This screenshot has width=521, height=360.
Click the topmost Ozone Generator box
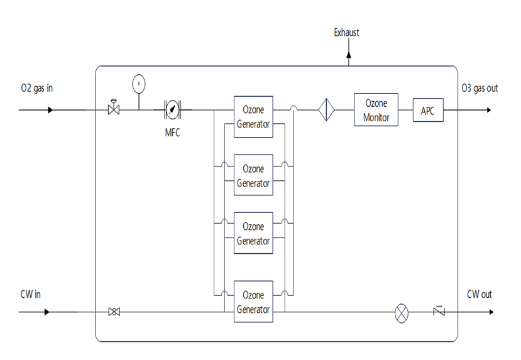tap(253, 116)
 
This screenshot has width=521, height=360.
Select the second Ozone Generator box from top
tap(253, 175)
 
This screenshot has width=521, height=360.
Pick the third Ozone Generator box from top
tap(253, 233)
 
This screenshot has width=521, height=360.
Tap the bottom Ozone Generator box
tap(253, 302)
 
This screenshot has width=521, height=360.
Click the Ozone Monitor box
tap(376, 110)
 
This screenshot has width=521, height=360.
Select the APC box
tap(427, 111)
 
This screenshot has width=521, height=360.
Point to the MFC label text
tap(172, 133)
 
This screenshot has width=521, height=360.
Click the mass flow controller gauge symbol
tap(172, 110)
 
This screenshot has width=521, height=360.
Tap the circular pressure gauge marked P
tap(138, 82)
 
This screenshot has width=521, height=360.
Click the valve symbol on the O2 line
tap(114, 109)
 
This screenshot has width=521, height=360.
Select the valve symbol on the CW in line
tap(114, 312)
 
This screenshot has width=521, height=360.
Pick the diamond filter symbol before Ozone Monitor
tap(326, 110)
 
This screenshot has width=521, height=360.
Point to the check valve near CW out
tap(439, 311)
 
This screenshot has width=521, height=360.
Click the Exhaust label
tap(347, 33)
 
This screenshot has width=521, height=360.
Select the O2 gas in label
tap(36, 88)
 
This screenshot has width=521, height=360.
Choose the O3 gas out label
tap(480, 88)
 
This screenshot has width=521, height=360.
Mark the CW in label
tap(31, 293)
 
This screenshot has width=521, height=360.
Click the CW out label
tap(480, 293)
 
